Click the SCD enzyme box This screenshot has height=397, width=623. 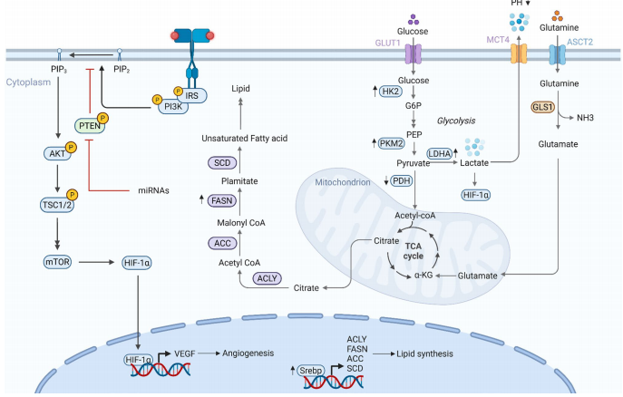click(x=220, y=163)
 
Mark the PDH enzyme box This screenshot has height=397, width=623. click(x=400, y=182)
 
